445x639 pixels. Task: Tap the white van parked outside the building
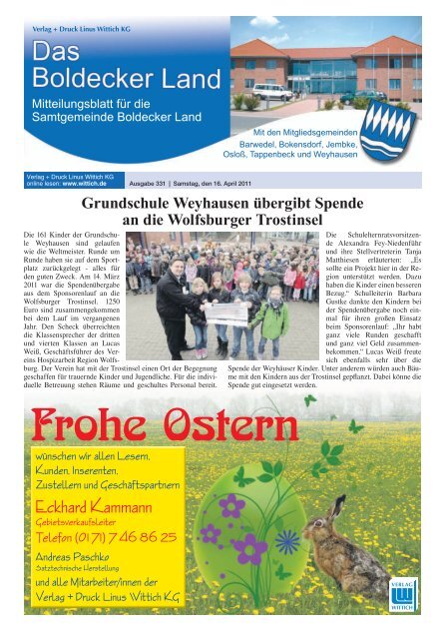pyautogui.click(x=272, y=93)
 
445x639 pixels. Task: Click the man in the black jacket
pyautogui.click(x=173, y=300)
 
